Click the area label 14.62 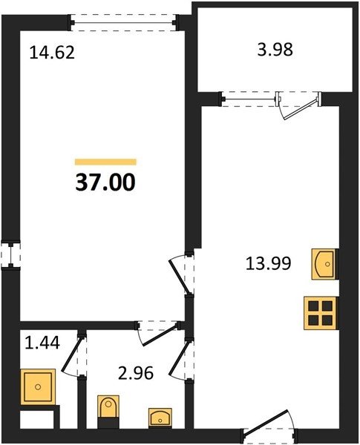click(52, 53)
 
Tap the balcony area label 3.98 click(275, 50)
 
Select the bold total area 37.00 click(105, 182)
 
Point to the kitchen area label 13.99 click(268, 263)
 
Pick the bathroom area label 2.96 click(136, 373)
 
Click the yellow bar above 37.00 click(105, 162)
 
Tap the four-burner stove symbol click(321, 313)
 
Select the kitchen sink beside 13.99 click(325, 264)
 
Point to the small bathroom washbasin click(160, 418)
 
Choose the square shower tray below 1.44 click(38, 387)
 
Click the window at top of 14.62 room click(124, 22)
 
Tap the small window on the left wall click(11, 254)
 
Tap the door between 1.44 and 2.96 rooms click(71, 355)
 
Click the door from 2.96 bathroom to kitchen click(180, 359)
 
